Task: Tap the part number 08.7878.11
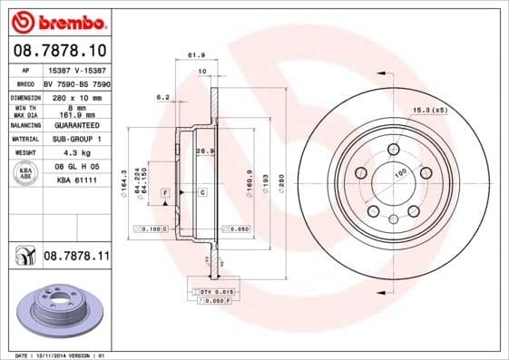[x=76, y=258]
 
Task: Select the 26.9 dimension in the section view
[x=204, y=151]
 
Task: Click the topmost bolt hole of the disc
[x=393, y=150]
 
